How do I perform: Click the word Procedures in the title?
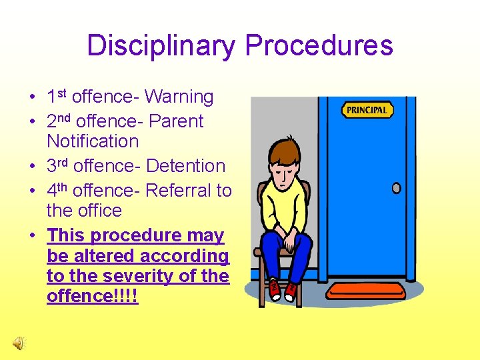pyautogui.click(x=319, y=45)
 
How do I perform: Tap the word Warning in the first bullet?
pyautogui.click(x=179, y=97)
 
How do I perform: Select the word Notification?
pyautogui.click(x=93, y=141)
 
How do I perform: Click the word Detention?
pyautogui.click(x=185, y=166)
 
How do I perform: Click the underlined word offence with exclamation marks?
pyautogui.click(x=92, y=296)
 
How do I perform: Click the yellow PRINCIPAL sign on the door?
pyautogui.click(x=367, y=110)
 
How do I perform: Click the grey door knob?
pyautogui.click(x=396, y=188)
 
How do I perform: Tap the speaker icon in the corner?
pyautogui.click(x=19, y=342)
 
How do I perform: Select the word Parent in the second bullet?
pyautogui.click(x=176, y=122)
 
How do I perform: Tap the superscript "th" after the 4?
pyautogui.click(x=63, y=187)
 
